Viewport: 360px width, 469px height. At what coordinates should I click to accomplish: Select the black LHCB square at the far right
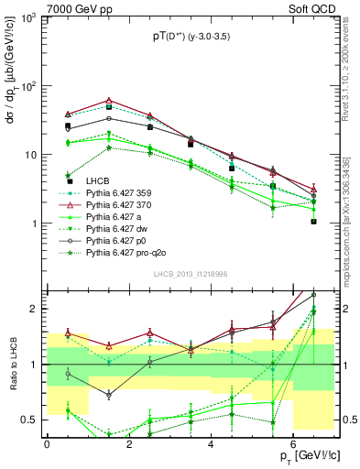pyautogui.click(x=313, y=221)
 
